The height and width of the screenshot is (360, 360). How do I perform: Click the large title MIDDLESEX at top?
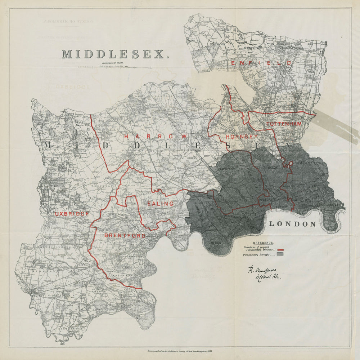(x=115, y=54)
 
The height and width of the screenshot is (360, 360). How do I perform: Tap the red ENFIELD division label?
(x=261, y=63)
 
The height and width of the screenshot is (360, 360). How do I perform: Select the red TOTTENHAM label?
(x=284, y=124)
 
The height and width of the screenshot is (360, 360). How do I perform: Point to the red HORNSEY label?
(x=242, y=137)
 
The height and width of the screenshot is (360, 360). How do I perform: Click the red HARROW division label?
(x=156, y=137)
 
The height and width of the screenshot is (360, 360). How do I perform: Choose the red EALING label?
(x=160, y=204)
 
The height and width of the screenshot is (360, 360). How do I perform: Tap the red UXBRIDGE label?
(x=72, y=214)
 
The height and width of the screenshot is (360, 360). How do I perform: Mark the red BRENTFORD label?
(x=125, y=236)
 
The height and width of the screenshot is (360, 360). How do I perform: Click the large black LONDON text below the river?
(x=292, y=224)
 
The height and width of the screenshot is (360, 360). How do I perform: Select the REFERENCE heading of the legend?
(x=263, y=243)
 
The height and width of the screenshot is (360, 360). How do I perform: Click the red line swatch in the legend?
(x=280, y=250)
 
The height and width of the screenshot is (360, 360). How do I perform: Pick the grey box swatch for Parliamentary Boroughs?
(x=280, y=254)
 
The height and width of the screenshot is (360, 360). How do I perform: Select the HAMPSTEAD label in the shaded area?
(x=226, y=168)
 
